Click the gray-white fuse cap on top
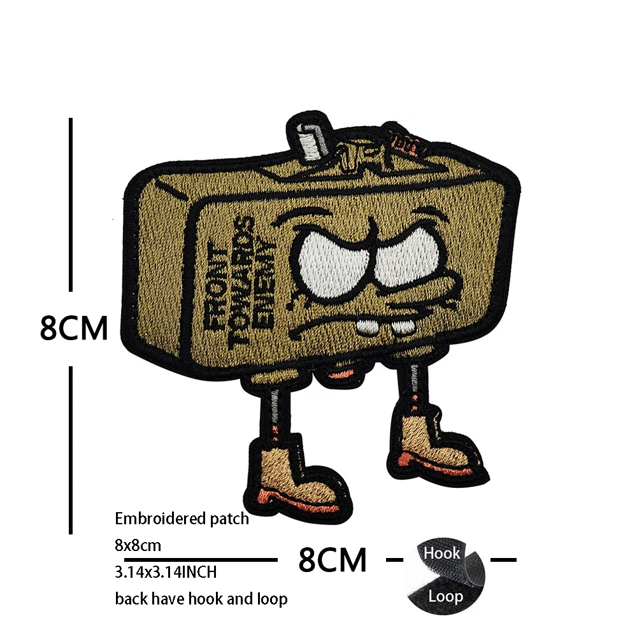point(310,140)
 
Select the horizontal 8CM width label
point(333,560)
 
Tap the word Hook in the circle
point(441,553)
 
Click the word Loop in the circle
point(445,597)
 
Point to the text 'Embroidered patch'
point(182,519)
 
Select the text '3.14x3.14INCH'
point(166,572)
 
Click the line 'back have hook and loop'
point(201,599)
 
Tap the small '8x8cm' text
point(138,545)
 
